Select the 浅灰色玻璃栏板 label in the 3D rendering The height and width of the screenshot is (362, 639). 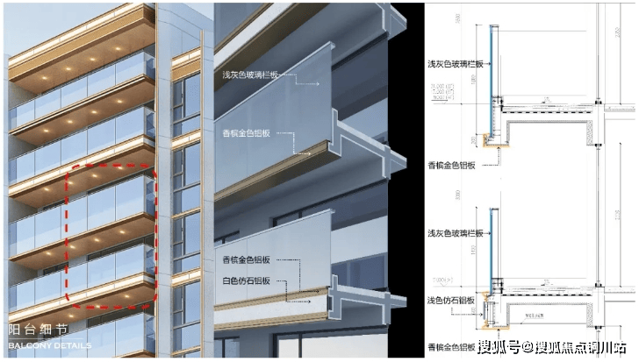coord(250,75)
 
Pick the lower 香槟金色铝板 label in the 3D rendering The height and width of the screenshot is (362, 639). coord(247,259)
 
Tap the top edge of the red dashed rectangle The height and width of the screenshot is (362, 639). coord(111,165)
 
